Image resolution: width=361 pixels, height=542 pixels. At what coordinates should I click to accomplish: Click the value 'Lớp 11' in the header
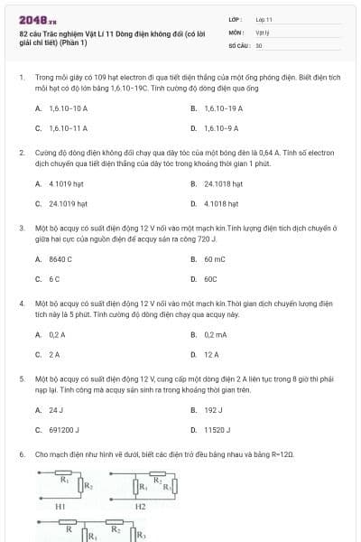(264, 19)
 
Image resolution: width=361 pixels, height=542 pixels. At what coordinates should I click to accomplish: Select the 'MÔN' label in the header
(236, 32)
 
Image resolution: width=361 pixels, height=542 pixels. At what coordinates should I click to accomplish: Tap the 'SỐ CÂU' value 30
(258, 44)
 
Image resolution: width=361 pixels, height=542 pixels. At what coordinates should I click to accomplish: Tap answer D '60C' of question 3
(210, 279)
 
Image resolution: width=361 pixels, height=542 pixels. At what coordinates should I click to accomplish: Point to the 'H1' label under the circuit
(60, 508)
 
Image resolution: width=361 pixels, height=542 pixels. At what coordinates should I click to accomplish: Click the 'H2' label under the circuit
(140, 508)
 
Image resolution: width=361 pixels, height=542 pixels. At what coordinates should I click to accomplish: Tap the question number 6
(21, 453)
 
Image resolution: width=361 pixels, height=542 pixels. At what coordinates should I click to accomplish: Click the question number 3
(21, 229)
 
